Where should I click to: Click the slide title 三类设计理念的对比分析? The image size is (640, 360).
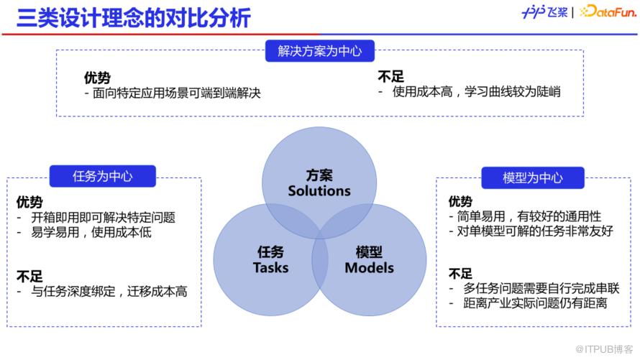pyautogui.click(x=134, y=18)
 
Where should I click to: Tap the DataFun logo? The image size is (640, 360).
pyautogui.click(x=608, y=11)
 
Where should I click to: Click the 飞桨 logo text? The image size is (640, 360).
pyautogui.click(x=557, y=12)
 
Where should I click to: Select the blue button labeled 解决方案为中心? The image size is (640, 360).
pyautogui.click(x=319, y=51)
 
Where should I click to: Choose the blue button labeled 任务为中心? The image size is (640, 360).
pyautogui.click(x=102, y=176)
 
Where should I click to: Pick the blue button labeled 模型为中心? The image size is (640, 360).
pyautogui.click(x=533, y=177)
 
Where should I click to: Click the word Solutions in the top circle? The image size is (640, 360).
pyautogui.click(x=319, y=191)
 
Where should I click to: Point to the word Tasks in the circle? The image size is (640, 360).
pyautogui.click(x=270, y=268)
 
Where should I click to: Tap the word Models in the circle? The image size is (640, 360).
pyautogui.click(x=370, y=268)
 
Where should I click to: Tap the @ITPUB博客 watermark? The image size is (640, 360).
pyautogui.click(x=604, y=349)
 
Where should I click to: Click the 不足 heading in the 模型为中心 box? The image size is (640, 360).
pyautogui.click(x=460, y=274)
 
